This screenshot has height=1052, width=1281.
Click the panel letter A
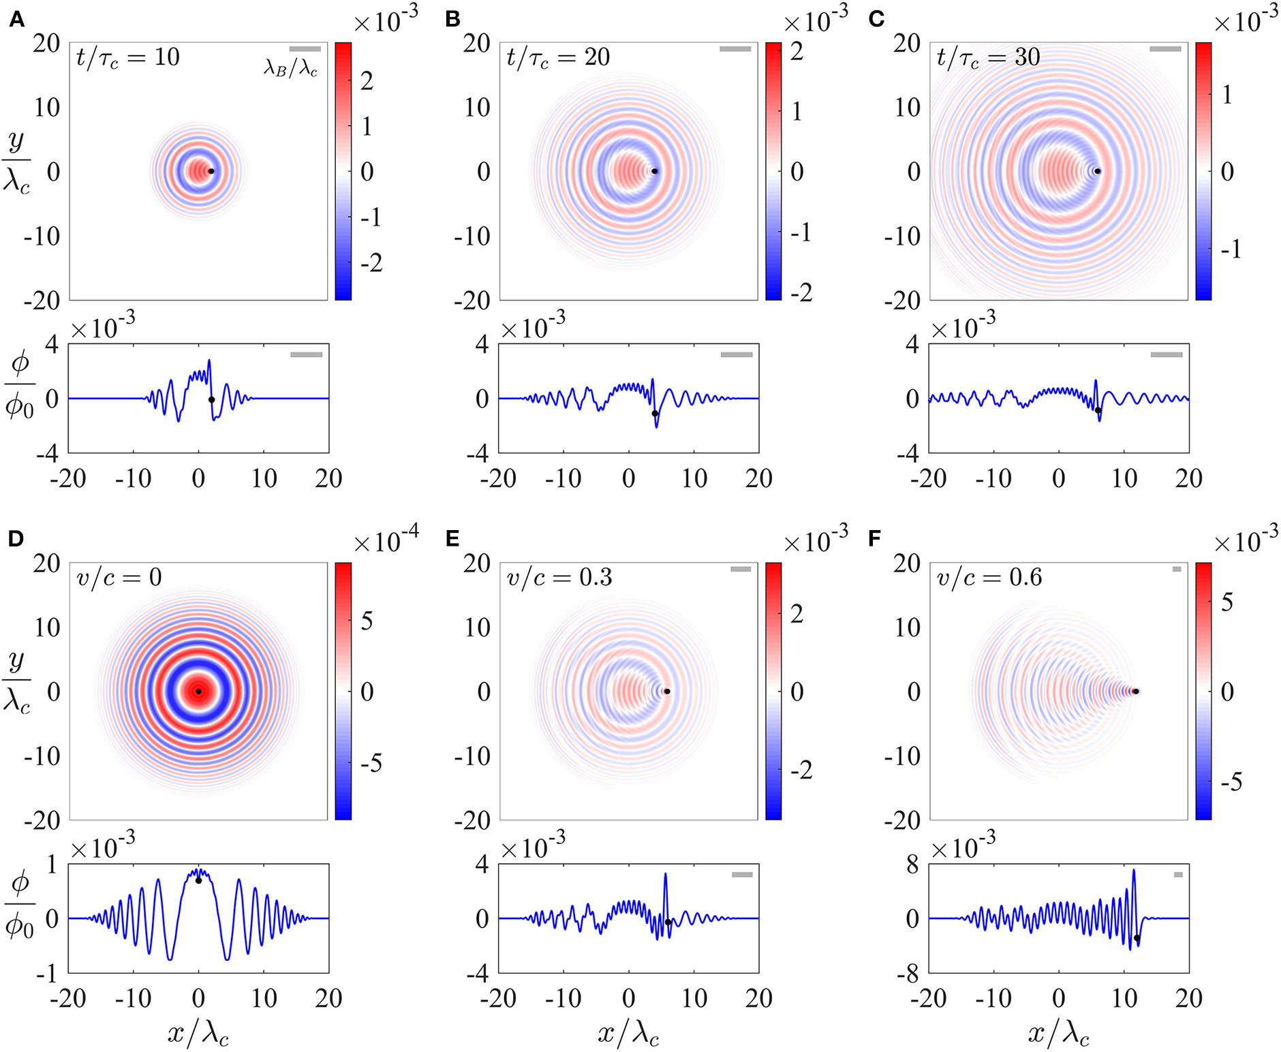[x=16, y=19]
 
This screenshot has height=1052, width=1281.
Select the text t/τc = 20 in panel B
[x=557, y=57]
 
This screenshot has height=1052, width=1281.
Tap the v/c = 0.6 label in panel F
[x=989, y=578]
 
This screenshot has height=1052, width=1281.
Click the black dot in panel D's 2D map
[x=198, y=691]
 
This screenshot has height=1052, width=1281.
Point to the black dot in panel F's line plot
[x=1137, y=938]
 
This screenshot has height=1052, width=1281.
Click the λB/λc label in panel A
[x=290, y=68]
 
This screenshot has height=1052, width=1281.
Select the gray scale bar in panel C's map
[x=1165, y=49]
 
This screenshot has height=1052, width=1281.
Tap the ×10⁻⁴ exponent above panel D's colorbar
[x=386, y=541]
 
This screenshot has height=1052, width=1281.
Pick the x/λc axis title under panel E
[x=628, y=1034]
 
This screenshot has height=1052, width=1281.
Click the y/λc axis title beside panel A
[x=16, y=161]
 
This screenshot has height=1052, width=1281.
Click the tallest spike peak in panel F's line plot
[x=1134, y=870]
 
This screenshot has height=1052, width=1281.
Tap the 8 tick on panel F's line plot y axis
[x=912, y=865]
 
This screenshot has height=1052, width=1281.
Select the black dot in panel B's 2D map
[x=654, y=171]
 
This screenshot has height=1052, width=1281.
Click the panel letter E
[x=452, y=539]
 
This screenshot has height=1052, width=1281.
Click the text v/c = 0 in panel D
[x=119, y=578]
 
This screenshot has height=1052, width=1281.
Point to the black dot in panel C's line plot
[x=1098, y=410]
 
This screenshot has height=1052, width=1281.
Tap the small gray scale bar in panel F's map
[x=1177, y=569]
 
